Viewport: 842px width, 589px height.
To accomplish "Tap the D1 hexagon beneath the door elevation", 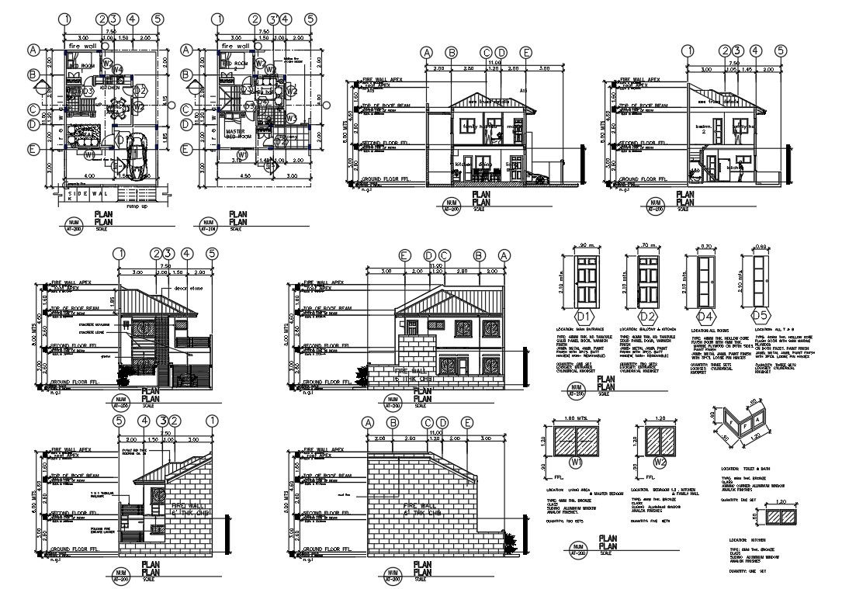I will click(x=583, y=316).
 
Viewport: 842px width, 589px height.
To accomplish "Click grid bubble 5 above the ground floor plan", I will click(x=158, y=19).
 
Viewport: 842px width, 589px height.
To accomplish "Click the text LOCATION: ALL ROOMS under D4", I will click(x=705, y=330).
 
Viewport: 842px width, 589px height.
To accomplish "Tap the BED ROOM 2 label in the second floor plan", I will click(x=235, y=64).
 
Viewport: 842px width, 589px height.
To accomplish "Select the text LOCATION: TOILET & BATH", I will click(x=745, y=469).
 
